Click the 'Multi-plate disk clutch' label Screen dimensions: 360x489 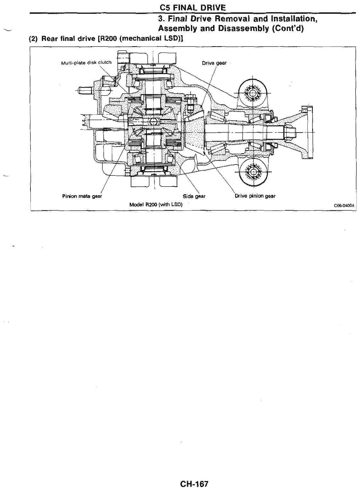86,62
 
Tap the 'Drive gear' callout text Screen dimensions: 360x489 214,63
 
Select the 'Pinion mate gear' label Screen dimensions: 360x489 82,196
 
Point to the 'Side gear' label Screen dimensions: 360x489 194,196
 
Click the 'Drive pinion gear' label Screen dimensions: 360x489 255,196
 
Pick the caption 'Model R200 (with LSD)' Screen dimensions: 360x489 156,204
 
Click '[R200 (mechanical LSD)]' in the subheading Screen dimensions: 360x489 149,39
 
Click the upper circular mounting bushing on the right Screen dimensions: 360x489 252,94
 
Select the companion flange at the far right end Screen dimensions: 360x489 306,131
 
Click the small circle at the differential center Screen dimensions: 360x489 153,121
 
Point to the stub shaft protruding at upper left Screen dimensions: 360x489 85,90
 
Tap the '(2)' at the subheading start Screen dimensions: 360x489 34,39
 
